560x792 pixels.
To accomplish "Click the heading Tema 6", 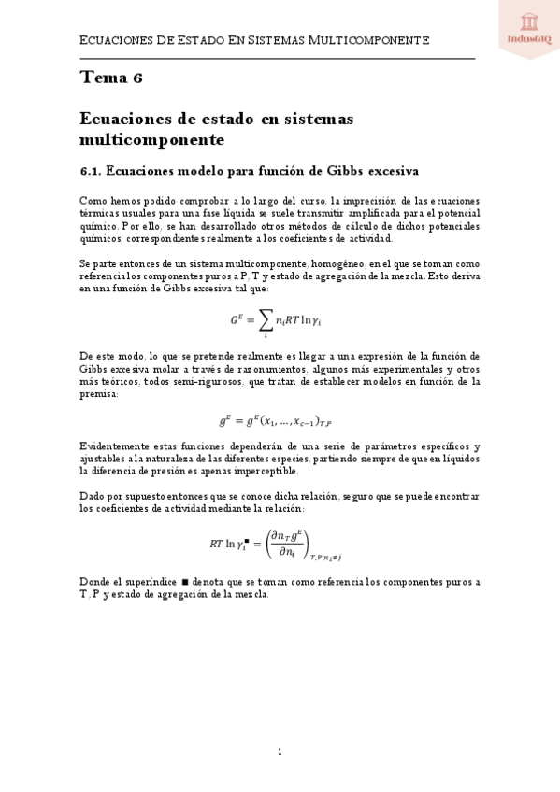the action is click(111, 78).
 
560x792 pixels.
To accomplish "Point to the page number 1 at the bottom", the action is click(280, 751).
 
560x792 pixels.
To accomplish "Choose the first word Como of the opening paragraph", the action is click(93, 201).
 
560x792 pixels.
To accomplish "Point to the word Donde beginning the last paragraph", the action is click(94, 581).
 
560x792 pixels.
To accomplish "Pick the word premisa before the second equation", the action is click(99, 395).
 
